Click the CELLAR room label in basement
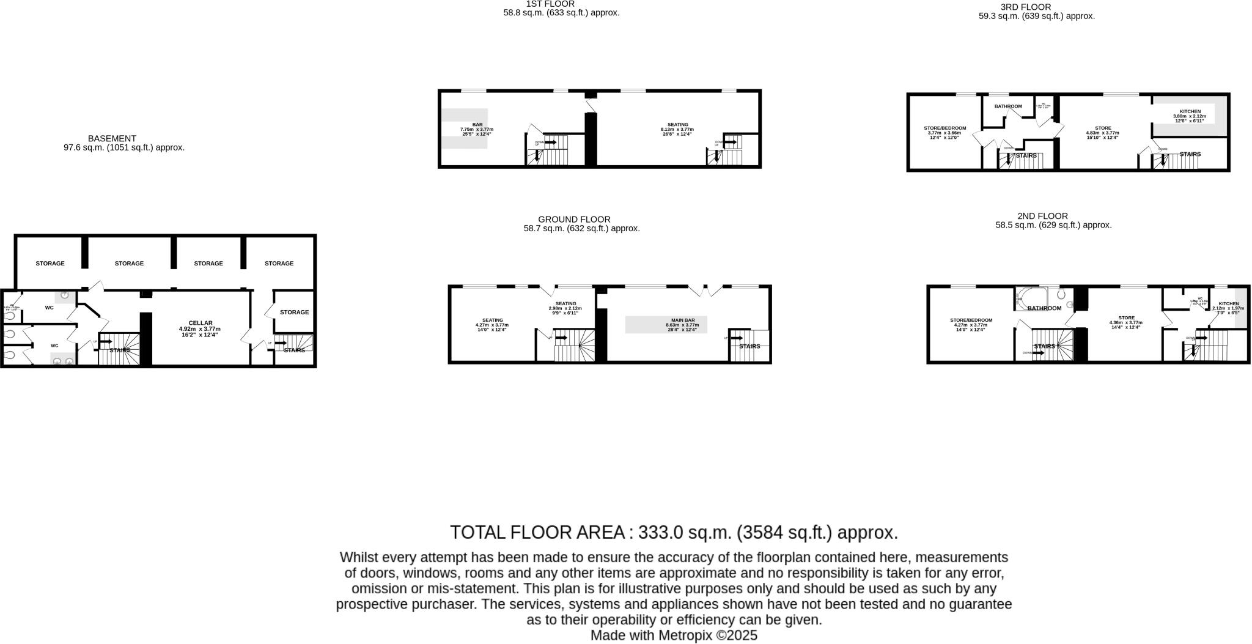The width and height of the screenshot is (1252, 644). (200, 323)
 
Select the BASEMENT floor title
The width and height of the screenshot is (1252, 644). (112, 139)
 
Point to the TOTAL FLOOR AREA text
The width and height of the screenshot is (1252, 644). (674, 532)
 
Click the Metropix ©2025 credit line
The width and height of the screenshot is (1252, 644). (674, 635)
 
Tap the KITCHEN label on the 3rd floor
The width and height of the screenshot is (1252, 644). (1190, 111)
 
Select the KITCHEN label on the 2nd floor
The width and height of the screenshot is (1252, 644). (1228, 304)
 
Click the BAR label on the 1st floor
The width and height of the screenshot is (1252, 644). (477, 125)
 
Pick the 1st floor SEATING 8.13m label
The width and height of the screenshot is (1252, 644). (677, 125)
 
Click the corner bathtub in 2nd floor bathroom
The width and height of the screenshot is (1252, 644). (1030, 298)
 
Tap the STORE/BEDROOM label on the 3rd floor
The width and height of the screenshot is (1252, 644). (945, 128)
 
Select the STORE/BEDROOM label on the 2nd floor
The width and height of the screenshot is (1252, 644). (971, 320)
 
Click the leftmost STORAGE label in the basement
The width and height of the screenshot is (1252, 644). (50, 264)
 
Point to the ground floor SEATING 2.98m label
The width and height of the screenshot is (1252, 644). (565, 304)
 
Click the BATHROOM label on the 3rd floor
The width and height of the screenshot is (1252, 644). (1007, 106)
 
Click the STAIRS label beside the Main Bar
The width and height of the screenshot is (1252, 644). (749, 347)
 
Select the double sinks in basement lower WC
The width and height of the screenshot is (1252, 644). (63, 361)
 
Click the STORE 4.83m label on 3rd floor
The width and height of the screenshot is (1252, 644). (1103, 128)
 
